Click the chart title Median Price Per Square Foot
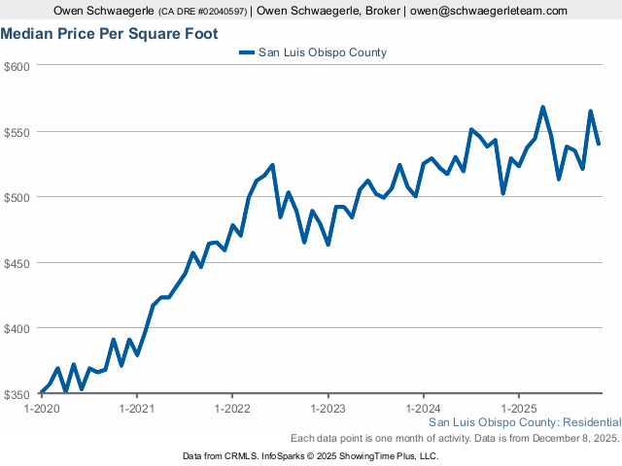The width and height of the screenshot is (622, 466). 109,33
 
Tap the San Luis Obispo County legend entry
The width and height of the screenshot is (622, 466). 321,52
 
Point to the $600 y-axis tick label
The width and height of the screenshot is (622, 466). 18,66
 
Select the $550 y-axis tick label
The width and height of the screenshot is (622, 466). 18,132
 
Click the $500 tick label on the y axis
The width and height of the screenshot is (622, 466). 18,197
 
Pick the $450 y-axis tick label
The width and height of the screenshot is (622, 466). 18,263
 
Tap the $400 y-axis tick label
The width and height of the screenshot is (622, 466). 18,328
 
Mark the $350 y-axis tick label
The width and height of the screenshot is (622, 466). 18,394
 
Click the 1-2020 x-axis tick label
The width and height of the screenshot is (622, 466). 43,410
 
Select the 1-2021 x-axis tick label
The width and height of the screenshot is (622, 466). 137,410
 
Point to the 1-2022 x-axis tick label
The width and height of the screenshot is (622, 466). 232,410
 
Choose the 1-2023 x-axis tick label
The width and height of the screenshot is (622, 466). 328,410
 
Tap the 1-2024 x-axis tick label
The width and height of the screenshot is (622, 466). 423,410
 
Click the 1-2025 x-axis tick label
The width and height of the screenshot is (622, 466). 518,410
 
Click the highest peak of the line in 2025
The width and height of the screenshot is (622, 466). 542,108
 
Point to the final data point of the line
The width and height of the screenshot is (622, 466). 599,144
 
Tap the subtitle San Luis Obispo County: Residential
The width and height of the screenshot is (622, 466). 524,423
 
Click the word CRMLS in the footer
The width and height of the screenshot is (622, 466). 248,455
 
